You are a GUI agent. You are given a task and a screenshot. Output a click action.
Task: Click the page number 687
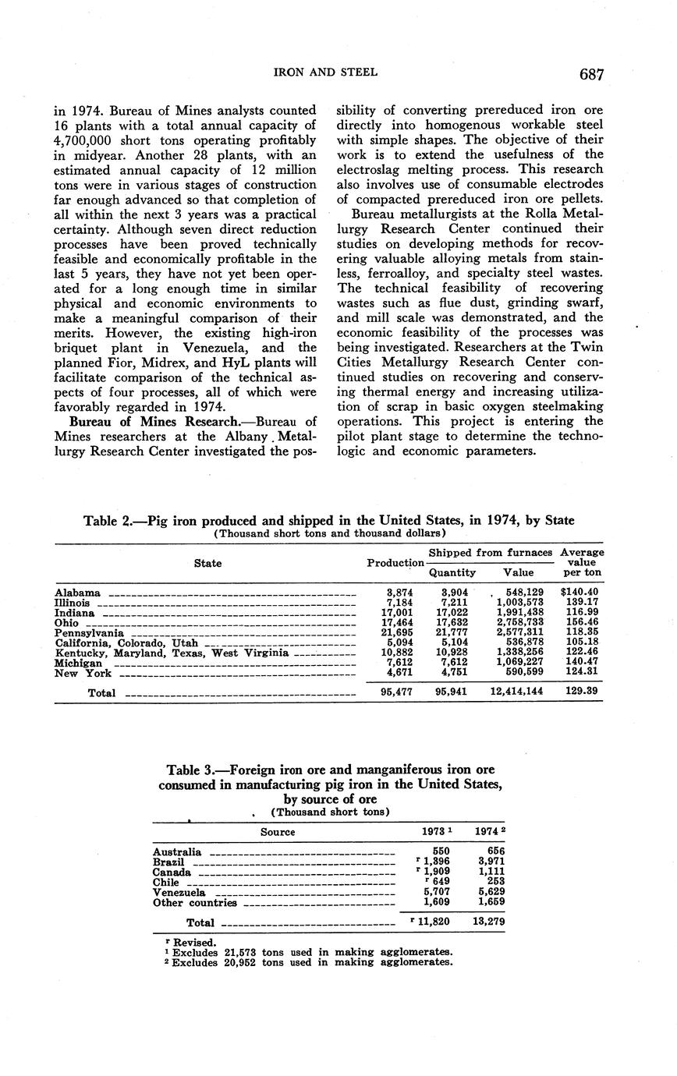tap(591, 74)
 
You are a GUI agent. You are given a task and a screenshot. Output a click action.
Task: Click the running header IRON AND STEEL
tap(325, 73)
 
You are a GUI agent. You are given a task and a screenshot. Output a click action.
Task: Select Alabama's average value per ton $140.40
tap(581, 593)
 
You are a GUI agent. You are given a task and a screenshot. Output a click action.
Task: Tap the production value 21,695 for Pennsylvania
tap(399, 633)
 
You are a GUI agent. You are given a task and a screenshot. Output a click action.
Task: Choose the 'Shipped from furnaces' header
tap(491, 552)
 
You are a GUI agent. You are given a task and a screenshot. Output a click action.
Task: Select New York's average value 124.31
tap(583, 674)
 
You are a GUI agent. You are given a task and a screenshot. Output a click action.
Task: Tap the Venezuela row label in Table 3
tap(179, 893)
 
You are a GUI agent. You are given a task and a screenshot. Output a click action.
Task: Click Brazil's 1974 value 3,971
tap(490, 862)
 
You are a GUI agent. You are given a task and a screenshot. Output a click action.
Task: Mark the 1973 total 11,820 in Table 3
tap(432, 922)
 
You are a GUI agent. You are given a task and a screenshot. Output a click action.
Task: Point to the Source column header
tap(278, 832)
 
